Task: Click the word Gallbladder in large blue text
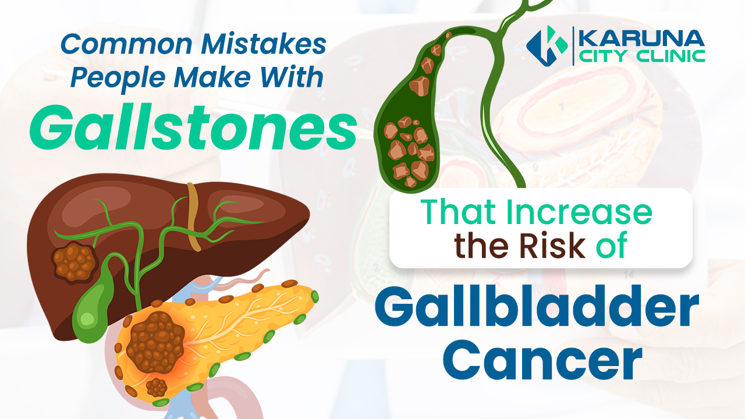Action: pyautogui.click(x=536, y=313)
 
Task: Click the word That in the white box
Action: pyautogui.click(x=460, y=213)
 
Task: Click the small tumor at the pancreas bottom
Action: pyautogui.click(x=157, y=386)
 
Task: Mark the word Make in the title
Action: pyautogui.click(x=223, y=78)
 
